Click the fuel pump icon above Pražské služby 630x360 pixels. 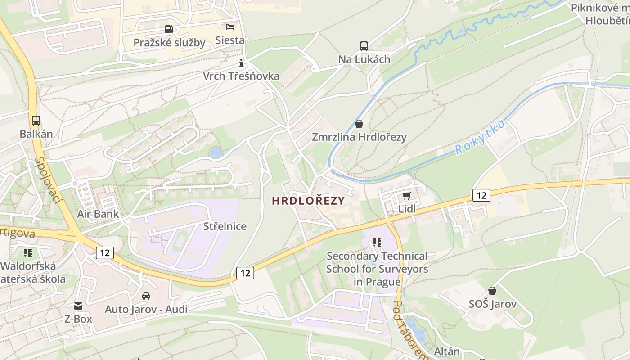[x=169, y=29]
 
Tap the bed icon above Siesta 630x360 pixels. [x=230, y=27]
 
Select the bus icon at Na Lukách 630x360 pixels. [x=364, y=46]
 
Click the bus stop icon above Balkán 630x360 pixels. [x=36, y=121]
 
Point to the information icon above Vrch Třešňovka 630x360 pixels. [x=241, y=63]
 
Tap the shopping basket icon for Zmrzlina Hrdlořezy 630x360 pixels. [x=359, y=123]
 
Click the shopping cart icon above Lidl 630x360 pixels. [x=407, y=196]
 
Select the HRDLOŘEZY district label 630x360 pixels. [x=308, y=201]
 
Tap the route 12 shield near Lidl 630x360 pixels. [x=481, y=195]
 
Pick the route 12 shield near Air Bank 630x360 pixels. [x=104, y=253]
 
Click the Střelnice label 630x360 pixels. [x=225, y=226]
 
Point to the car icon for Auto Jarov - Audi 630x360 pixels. [x=146, y=296]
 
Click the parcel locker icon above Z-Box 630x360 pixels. [x=78, y=306]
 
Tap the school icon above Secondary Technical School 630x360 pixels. [x=377, y=243]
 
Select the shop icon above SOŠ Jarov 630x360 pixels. [x=492, y=291]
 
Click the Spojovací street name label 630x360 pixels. [x=48, y=180]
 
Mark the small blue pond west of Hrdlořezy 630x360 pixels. [x=216, y=153]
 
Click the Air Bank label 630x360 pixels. [x=98, y=214]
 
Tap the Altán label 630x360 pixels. [x=447, y=351]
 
